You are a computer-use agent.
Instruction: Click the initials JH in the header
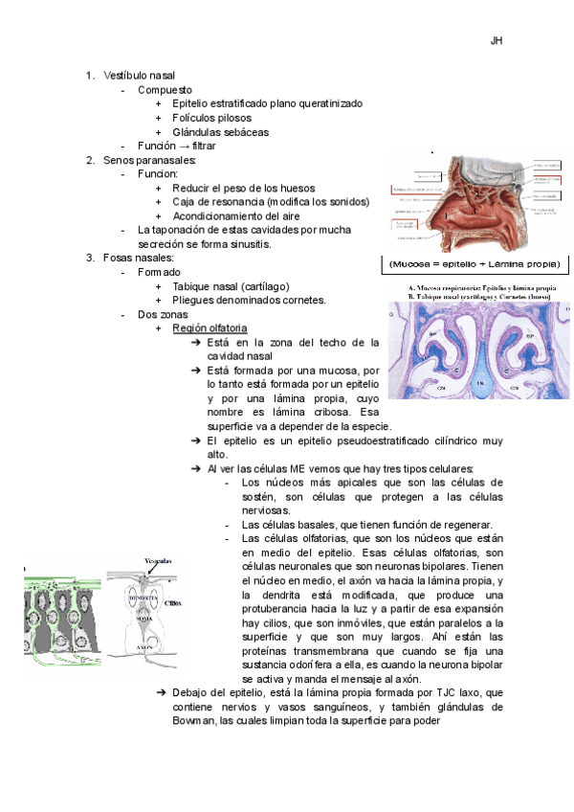tap(496, 41)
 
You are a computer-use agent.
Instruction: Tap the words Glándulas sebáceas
tap(220, 132)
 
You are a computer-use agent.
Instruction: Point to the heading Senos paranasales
tap(149, 160)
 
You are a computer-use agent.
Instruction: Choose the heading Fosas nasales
tap(139, 258)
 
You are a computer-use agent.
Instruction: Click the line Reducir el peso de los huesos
tap(243, 188)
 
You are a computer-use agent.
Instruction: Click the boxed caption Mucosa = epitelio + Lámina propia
tap(475, 263)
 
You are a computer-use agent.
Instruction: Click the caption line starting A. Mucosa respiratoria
tap(481, 288)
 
